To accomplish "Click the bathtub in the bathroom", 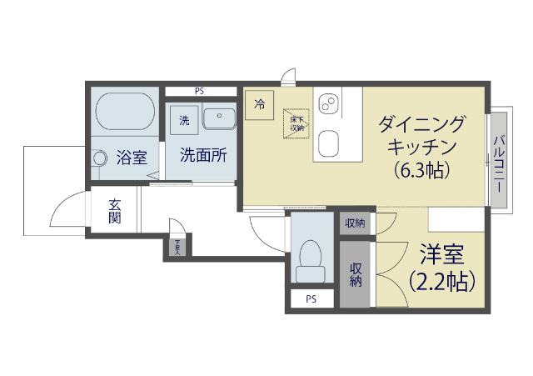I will pos(125,110).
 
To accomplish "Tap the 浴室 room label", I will pos(132,157).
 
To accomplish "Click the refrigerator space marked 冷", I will pos(260,105).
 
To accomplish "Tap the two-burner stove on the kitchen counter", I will pos(327,103).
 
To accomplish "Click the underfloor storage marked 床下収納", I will pos(296,124).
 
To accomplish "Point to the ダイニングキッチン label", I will pos(421,136).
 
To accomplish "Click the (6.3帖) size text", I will pos(422,170).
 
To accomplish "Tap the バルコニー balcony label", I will pos(499,163).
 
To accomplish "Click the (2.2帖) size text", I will pos(441,282).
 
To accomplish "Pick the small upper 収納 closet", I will pos(355,223).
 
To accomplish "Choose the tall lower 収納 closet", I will pos(356,274).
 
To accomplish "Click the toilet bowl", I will pos(311,257).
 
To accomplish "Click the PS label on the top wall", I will pos(200,91).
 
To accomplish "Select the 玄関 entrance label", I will pos(115,213).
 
